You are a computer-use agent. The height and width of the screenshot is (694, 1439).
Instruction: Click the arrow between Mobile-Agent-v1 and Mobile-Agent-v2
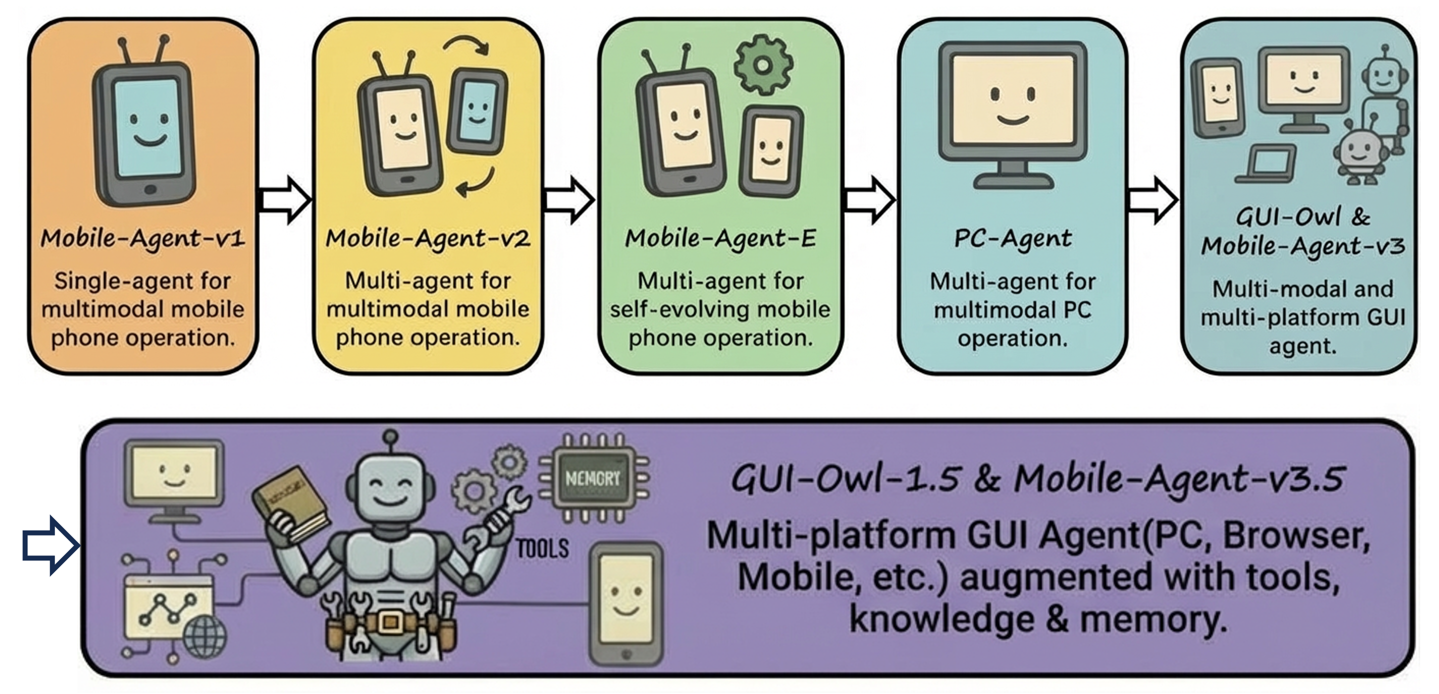(285, 200)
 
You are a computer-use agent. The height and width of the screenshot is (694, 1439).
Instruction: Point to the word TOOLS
(542, 548)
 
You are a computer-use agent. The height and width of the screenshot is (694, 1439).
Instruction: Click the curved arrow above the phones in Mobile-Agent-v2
(468, 46)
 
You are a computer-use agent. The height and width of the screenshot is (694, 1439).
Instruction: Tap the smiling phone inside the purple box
(626, 603)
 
